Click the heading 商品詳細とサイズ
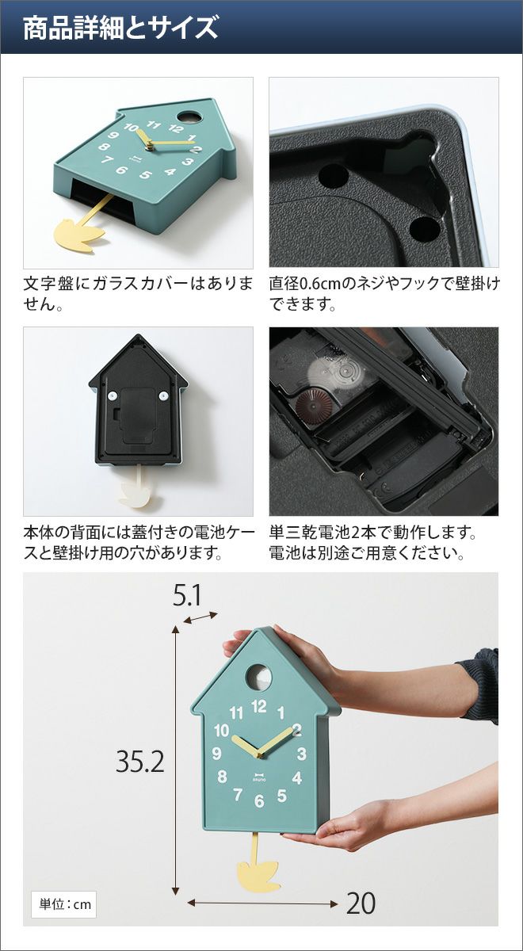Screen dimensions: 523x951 (x=120, y=28)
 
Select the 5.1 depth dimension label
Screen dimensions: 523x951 (x=186, y=596)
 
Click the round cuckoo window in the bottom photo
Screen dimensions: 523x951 (x=259, y=677)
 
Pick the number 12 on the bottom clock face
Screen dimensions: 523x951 (x=258, y=706)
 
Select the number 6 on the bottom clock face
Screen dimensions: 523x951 (x=259, y=800)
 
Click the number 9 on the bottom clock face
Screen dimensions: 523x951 (x=216, y=754)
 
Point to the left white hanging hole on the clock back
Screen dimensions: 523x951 (x=112, y=395)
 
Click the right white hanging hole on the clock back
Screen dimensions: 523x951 (x=164, y=395)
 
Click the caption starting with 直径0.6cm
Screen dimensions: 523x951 (x=384, y=294)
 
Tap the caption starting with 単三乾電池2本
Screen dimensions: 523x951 (x=372, y=543)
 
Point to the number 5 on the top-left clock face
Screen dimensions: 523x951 (x=146, y=174)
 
